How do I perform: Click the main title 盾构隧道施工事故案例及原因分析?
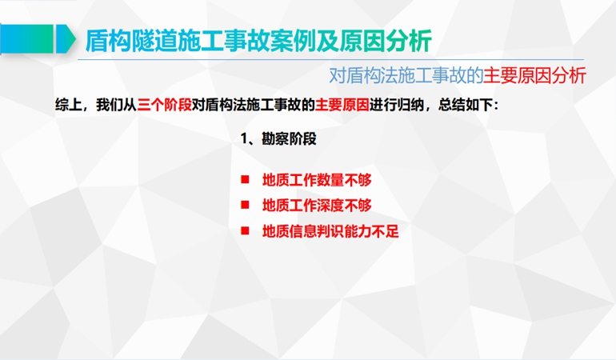[x=258, y=41]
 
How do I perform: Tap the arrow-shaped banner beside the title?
[x=38, y=38]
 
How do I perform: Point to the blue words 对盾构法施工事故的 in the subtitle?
[x=406, y=75]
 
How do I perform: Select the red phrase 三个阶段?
[x=164, y=105]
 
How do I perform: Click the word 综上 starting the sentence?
[x=68, y=105]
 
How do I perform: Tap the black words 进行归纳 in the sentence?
[x=396, y=105]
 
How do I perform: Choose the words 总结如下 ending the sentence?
[x=465, y=105]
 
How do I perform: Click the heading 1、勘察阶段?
[x=278, y=138]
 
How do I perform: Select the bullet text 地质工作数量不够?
[x=317, y=180]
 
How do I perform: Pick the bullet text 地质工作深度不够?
[x=317, y=206]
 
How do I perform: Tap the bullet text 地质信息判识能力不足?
[x=330, y=231]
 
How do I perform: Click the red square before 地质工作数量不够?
[x=245, y=180]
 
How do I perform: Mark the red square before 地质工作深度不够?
[x=245, y=205]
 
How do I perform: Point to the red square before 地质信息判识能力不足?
[x=245, y=230]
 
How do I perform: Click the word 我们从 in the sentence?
[x=116, y=105]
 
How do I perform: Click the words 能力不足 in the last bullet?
[x=371, y=231]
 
